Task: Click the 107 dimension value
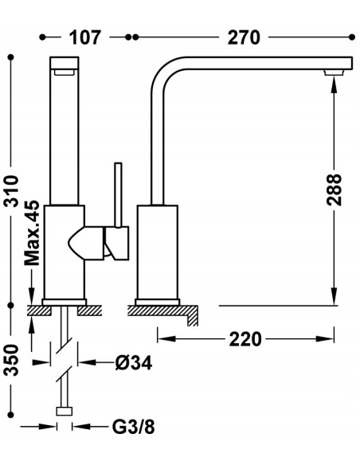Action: click(85, 37)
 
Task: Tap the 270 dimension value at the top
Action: click(244, 37)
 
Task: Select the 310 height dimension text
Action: click(11, 190)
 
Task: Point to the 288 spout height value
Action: click(335, 190)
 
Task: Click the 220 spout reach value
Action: click(245, 339)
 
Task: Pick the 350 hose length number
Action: click(11, 360)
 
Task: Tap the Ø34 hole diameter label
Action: click(134, 362)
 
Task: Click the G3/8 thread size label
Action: click(134, 427)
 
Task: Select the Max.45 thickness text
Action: click(32, 233)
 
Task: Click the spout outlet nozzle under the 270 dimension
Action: click(334, 72)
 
